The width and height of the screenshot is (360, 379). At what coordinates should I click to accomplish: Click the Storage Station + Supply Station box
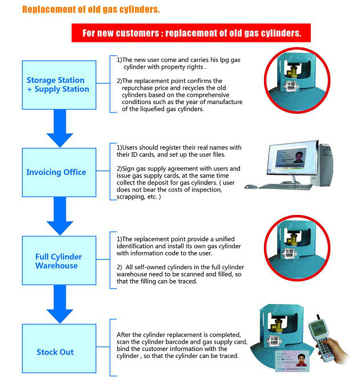(x=58, y=85)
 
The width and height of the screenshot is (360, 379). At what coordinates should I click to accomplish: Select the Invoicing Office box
(x=56, y=172)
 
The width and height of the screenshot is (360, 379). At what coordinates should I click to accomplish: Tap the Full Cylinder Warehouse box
(x=58, y=261)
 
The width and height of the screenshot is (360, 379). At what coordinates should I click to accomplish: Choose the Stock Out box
(x=55, y=352)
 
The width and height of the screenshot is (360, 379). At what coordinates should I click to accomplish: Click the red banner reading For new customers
(x=191, y=33)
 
